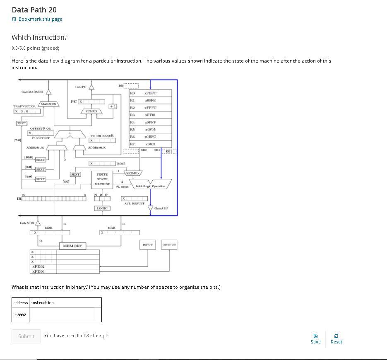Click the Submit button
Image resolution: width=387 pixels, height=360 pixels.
26,336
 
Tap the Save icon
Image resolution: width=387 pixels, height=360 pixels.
315,336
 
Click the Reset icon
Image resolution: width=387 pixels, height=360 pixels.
336,336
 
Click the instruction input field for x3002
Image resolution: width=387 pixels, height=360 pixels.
62,314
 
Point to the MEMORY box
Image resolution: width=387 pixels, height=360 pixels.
72,246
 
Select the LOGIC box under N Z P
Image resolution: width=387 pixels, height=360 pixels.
102,208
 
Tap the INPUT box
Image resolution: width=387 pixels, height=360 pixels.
147,245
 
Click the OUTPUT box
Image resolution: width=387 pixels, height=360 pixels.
169,245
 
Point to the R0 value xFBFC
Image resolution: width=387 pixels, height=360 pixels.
150,93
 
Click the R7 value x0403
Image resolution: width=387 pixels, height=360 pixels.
150,144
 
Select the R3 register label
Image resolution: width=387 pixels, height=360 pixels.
132,115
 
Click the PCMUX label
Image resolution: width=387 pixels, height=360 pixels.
91,111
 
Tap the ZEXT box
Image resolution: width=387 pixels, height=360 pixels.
21,123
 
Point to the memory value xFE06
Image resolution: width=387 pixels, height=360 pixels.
38,271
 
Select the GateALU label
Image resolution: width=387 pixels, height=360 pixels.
161,208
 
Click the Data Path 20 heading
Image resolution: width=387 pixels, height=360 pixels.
34,10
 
